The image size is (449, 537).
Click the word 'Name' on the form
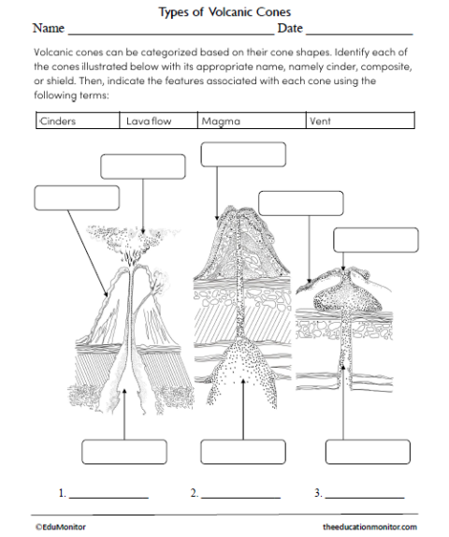tap(48, 31)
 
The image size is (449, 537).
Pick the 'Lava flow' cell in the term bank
tap(158, 121)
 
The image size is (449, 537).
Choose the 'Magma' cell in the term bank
tap(251, 121)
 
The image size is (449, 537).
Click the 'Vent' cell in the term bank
tap(360, 121)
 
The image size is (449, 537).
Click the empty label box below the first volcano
tap(124, 452)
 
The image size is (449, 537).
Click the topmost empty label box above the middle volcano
tap(230, 155)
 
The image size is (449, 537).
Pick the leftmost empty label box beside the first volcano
tap(77, 198)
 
